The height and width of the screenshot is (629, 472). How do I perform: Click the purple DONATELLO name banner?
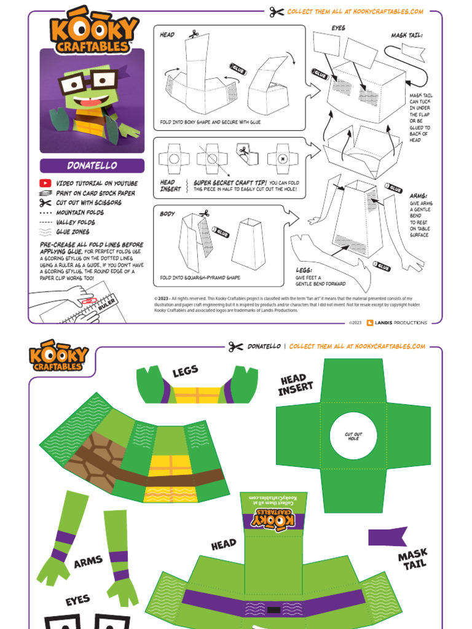coord(92,166)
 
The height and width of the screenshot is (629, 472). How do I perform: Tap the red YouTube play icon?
coord(45,183)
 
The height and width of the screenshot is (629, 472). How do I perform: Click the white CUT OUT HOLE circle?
coord(353,436)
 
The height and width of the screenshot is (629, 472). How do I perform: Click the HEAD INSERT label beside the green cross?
coord(297,385)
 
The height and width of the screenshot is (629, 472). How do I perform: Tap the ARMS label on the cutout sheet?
coord(88,561)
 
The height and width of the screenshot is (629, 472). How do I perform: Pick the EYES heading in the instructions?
coord(338,28)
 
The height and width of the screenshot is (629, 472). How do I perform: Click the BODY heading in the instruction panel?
coord(167,214)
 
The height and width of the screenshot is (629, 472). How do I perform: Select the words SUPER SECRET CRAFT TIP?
coord(230,182)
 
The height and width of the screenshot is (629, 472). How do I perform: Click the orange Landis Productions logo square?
coord(369,322)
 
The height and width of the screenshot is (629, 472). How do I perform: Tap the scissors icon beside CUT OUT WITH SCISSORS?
coord(45,203)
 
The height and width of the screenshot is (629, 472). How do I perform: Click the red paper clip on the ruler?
coord(86,303)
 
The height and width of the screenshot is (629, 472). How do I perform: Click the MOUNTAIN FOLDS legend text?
coord(80,213)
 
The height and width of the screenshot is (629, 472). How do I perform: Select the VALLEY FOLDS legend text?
coord(76,222)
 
